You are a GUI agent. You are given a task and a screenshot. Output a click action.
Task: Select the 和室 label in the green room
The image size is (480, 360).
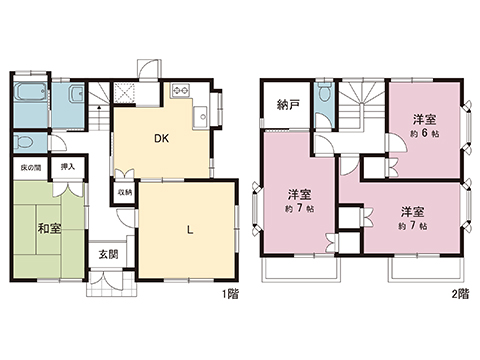(x=49, y=229)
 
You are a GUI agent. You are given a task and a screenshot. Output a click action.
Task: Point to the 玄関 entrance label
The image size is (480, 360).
(x=108, y=254)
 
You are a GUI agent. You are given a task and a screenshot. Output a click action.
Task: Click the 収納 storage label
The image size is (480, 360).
(x=123, y=192)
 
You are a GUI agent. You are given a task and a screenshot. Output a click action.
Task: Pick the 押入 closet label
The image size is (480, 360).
(x=68, y=168)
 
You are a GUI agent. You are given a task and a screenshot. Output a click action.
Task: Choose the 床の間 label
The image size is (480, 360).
(x=30, y=168)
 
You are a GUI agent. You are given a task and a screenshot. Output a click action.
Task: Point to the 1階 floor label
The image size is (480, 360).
(x=230, y=294)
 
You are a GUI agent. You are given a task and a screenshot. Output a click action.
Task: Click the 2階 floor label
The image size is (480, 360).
(x=459, y=294)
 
